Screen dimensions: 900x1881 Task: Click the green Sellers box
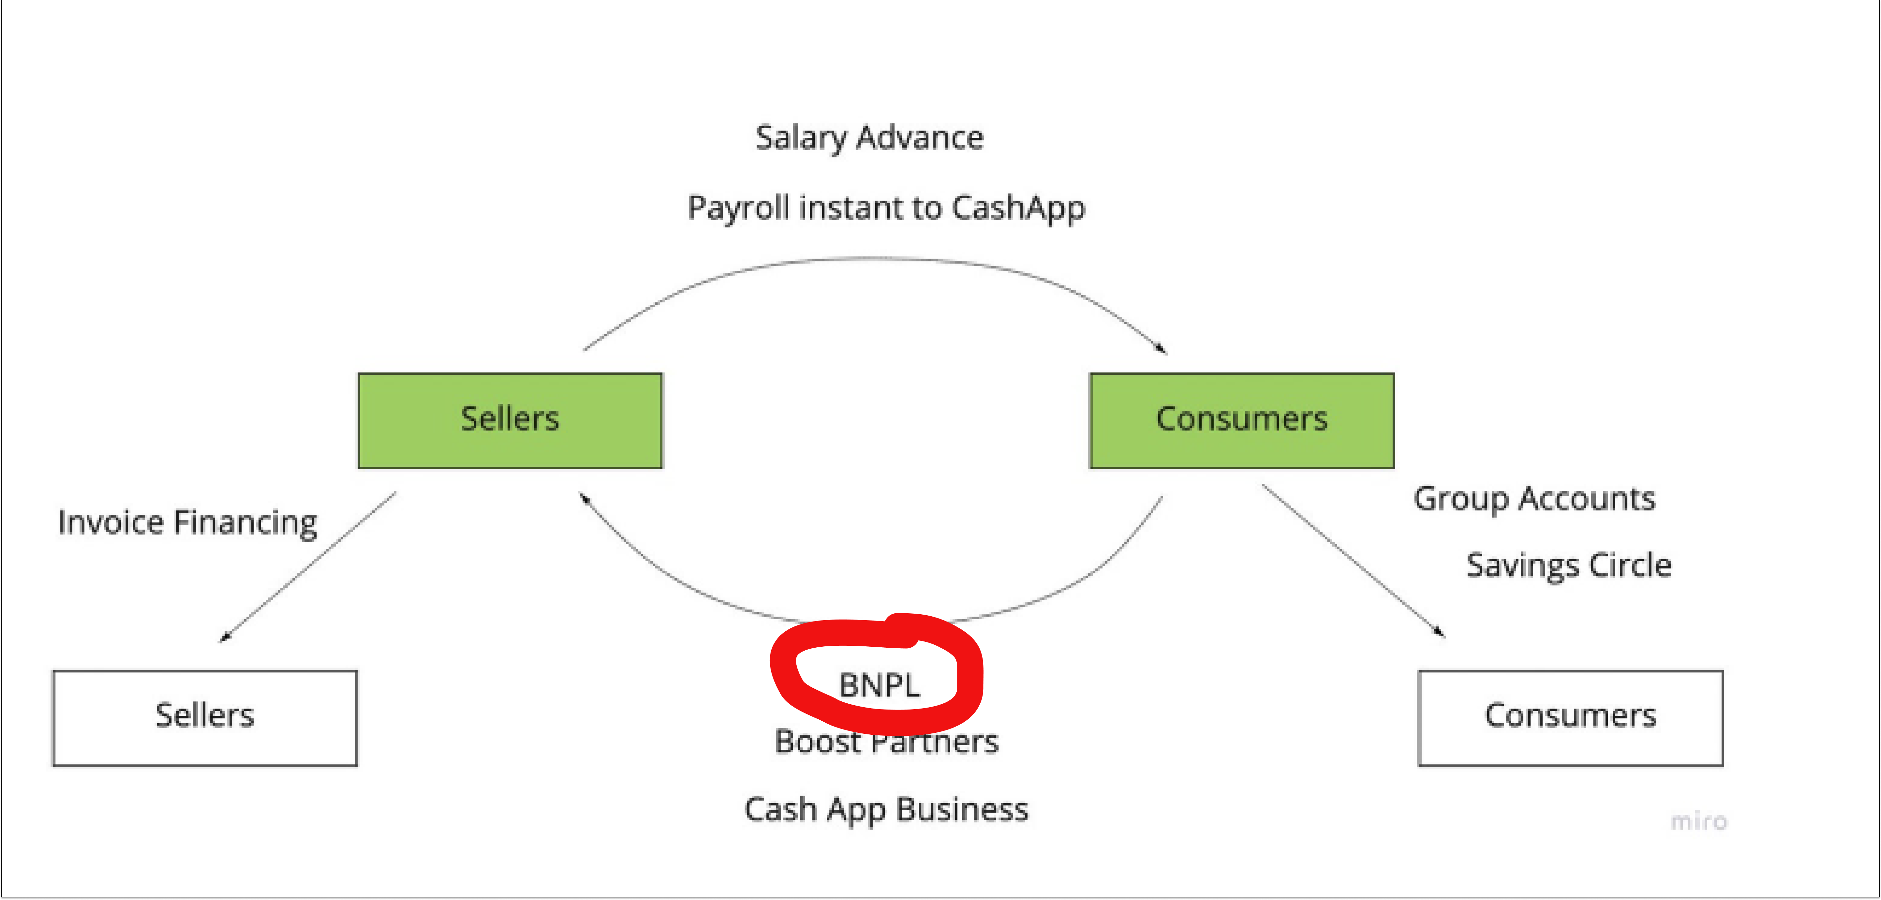pos(510,420)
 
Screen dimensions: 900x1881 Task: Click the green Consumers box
pos(1241,420)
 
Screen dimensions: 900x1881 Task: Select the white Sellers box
pos(204,717)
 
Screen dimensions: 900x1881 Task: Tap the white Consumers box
pos(1570,717)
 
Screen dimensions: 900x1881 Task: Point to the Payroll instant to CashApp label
pos(886,208)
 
